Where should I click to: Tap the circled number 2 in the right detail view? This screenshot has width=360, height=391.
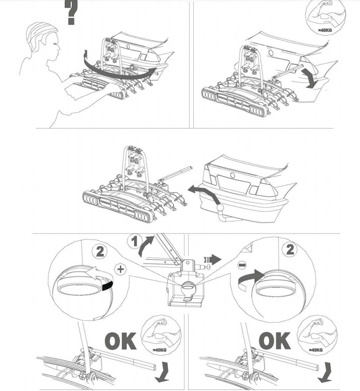click(x=290, y=249)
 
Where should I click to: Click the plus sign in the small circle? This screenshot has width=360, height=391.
click(x=121, y=269)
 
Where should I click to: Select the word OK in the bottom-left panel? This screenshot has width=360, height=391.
click(x=120, y=341)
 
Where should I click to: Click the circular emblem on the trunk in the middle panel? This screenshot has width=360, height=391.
click(x=233, y=175)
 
